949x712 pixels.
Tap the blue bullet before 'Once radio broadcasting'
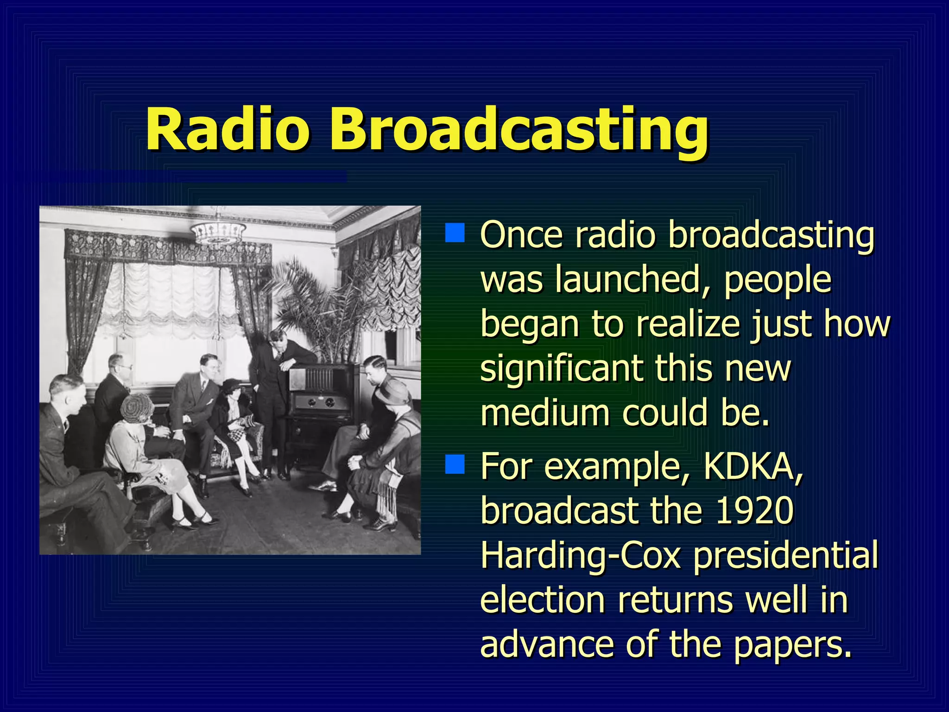click(455, 233)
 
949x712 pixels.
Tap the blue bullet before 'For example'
click(455, 464)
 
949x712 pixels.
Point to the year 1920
click(754, 510)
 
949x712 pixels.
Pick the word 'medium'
click(544, 413)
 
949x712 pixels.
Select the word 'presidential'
click(785, 556)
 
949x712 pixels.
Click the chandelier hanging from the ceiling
click(217, 232)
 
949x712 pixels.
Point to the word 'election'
click(542, 600)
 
